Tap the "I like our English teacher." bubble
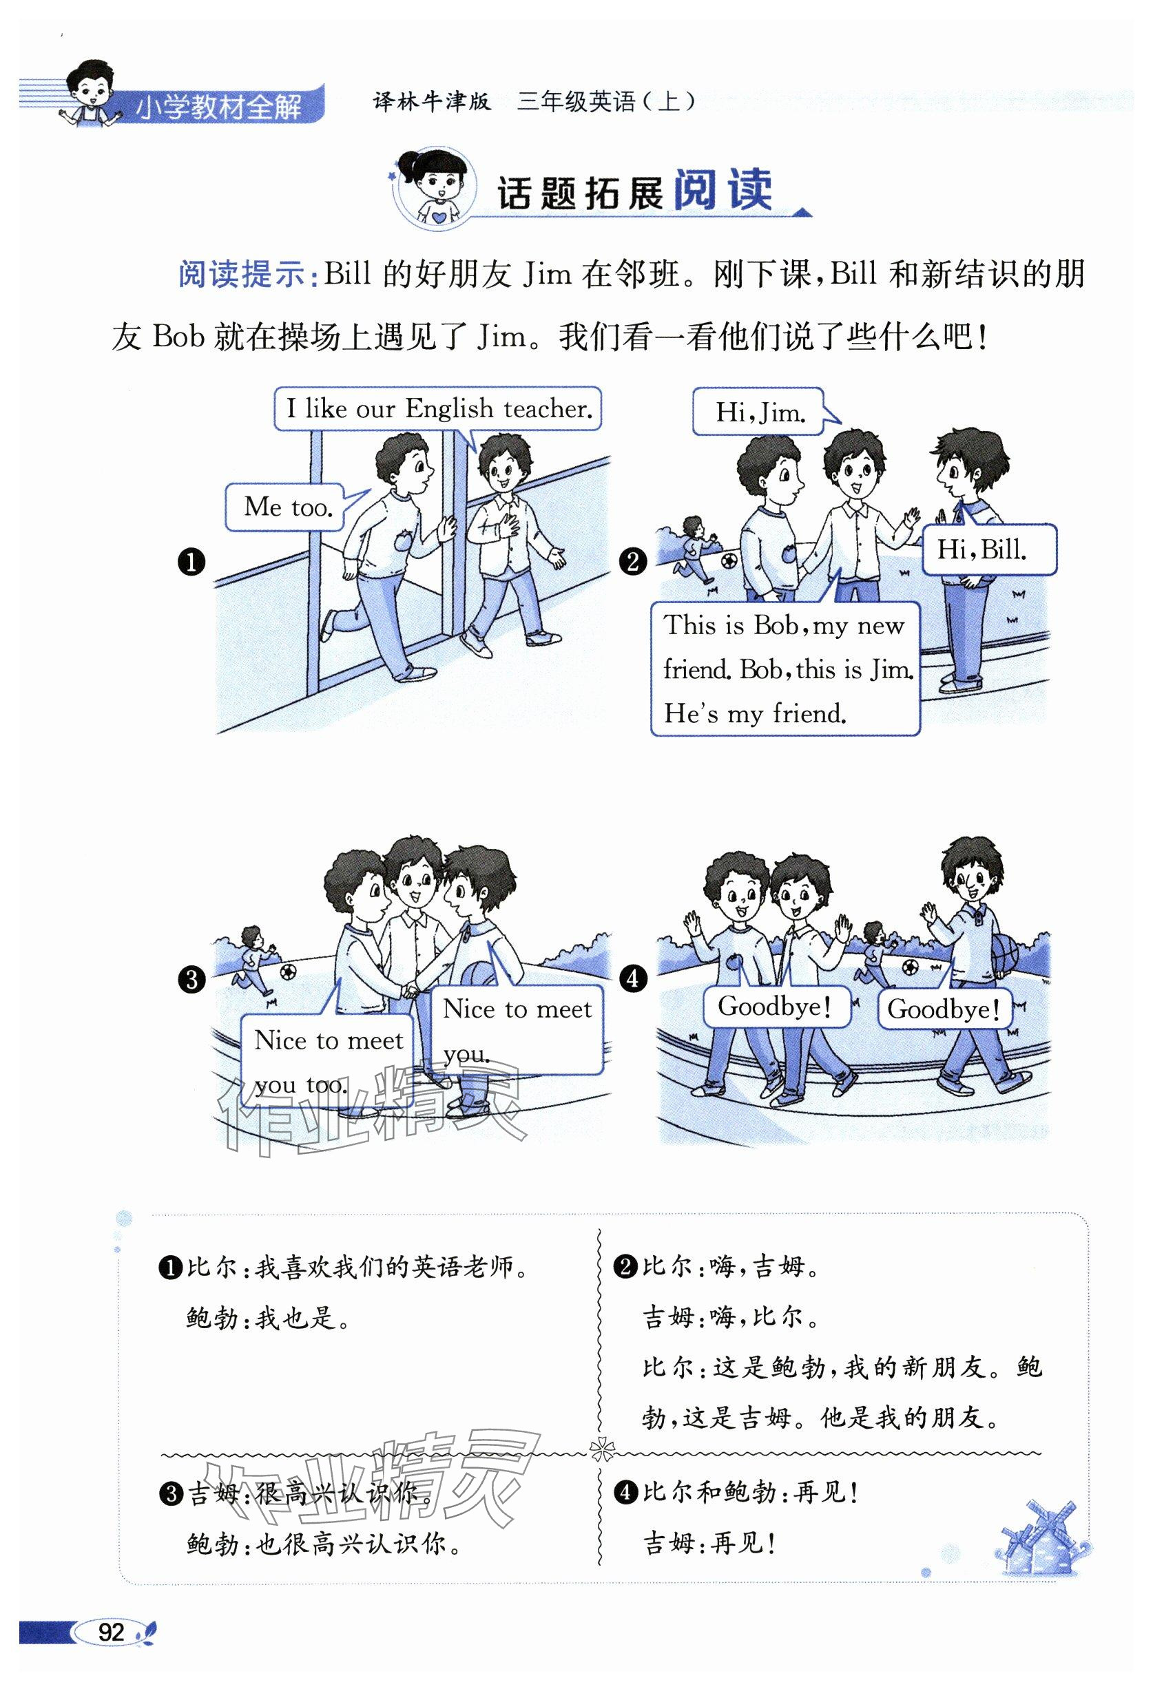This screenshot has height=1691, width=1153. click(x=438, y=409)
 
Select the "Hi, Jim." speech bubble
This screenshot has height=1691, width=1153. click(x=759, y=412)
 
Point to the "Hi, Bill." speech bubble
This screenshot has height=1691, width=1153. click(x=987, y=549)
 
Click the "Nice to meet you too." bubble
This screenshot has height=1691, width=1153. click(x=328, y=1062)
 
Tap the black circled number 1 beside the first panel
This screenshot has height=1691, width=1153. click(x=191, y=563)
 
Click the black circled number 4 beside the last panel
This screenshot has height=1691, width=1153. click(x=632, y=978)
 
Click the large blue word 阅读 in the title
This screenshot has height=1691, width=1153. click(x=722, y=191)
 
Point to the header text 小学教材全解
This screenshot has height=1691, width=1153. click(x=218, y=107)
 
